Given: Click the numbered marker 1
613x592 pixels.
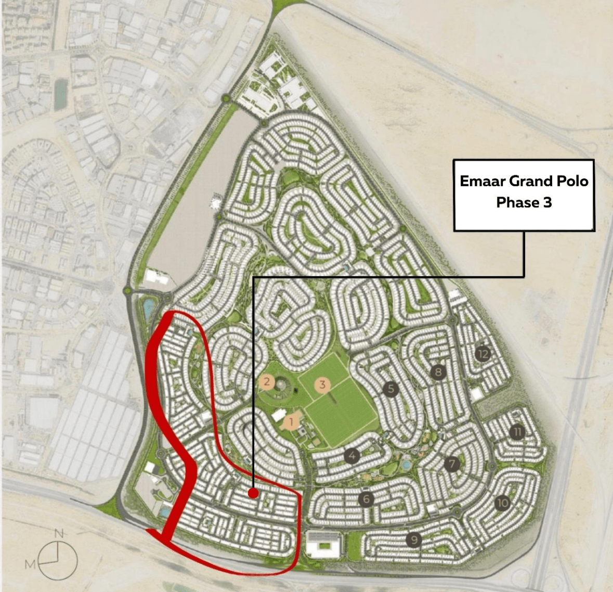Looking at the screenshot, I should [291, 421].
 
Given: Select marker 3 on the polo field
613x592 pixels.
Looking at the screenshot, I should [322, 385].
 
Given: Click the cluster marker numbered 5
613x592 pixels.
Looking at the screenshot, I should [390, 389].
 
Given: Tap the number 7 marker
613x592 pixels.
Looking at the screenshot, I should [452, 464].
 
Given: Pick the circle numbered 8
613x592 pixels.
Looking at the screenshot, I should [438, 372].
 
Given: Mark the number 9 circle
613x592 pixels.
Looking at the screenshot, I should [414, 540].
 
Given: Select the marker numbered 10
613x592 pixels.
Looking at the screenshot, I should [502, 503].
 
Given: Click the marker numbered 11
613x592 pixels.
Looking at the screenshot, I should [517, 432].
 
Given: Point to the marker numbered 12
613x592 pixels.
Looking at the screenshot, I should [482, 354].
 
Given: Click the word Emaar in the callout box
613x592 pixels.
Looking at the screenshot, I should [482, 182].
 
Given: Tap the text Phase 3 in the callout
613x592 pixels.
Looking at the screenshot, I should [524, 202].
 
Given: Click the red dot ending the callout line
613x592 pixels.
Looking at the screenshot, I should [253, 493].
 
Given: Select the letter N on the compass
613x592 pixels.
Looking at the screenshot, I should [59, 533].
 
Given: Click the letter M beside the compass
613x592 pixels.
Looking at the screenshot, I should [31, 564].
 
